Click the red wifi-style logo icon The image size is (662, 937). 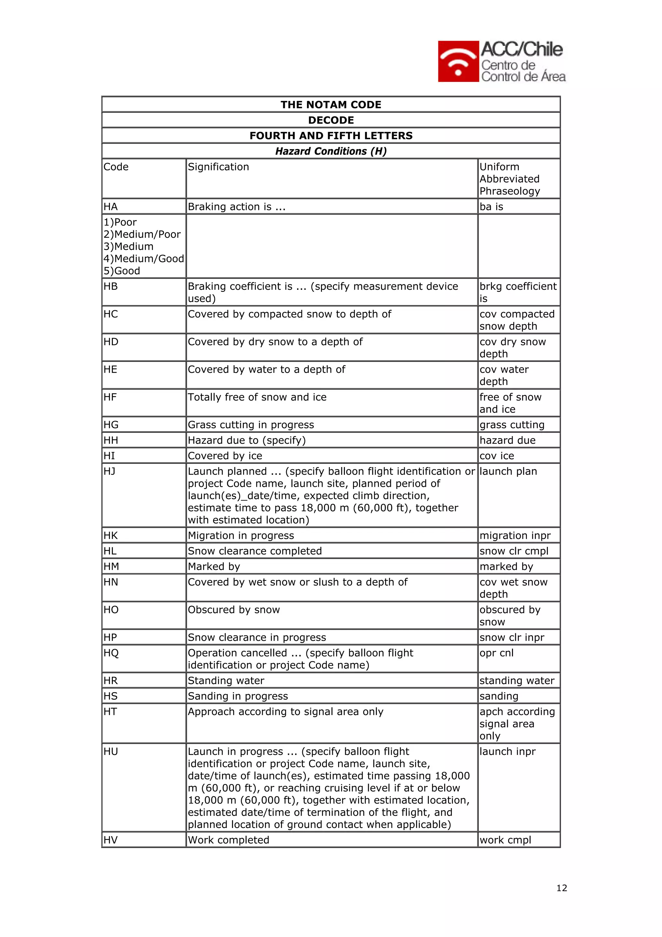click(458, 61)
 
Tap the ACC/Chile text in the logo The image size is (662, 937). click(522, 50)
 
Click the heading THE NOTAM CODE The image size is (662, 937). click(331, 105)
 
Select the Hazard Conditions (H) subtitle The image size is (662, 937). click(331, 151)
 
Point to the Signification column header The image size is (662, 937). click(218, 167)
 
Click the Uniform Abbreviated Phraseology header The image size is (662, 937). click(509, 179)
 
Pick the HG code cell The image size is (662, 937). click(111, 425)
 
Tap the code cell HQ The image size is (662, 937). click(111, 653)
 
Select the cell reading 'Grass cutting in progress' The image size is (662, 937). click(251, 425)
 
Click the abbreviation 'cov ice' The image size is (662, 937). click(496, 456)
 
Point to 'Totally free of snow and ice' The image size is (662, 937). click(257, 397)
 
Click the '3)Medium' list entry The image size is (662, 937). click(128, 246)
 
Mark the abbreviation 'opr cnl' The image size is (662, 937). click(496, 653)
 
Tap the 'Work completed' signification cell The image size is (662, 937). click(229, 840)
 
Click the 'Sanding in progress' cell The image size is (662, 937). click(238, 696)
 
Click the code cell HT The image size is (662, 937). click(110, 712)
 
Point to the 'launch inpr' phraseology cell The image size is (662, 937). click(507, 752)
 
